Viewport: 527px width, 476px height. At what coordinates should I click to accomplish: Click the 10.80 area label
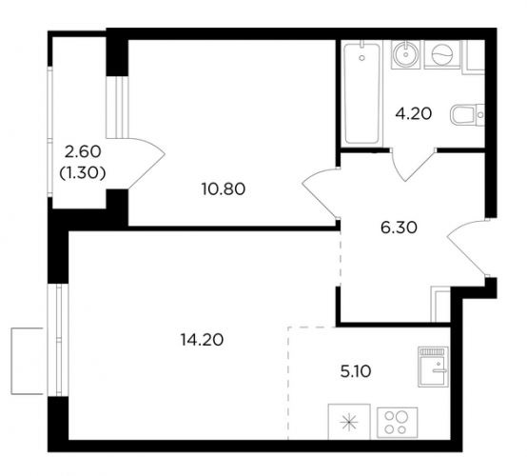coord(224,189)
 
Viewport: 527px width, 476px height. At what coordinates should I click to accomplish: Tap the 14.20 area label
coord(202,340)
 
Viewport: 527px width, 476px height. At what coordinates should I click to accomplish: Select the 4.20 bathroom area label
coord(414,113)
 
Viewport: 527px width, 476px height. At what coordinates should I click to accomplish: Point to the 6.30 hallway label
coord(399,228)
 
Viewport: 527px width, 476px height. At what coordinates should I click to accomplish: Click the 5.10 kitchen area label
coord(356,371)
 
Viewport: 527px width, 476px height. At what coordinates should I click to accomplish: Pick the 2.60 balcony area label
coord(83,152)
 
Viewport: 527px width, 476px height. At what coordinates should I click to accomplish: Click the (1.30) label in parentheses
coord(83,173)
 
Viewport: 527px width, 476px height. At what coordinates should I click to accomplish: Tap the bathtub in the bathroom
coord(361,93)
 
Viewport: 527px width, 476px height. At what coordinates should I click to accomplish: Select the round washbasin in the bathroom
coord(405,54)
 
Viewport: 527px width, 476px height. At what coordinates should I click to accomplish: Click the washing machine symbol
coord(442,54)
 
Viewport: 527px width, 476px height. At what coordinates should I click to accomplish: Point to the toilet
coord(467,114)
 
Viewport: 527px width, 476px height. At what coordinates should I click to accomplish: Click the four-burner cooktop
coord(398,423)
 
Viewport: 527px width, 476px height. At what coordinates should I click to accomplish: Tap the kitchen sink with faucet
coord(434,367)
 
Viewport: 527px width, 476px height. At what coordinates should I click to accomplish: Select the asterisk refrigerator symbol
coord(349,422)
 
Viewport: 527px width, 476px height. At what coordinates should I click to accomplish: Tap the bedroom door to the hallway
coord(320,192)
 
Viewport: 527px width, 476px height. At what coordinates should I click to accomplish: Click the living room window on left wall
coord(58,340)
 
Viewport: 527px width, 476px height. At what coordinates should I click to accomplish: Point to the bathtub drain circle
coord(361,58)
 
